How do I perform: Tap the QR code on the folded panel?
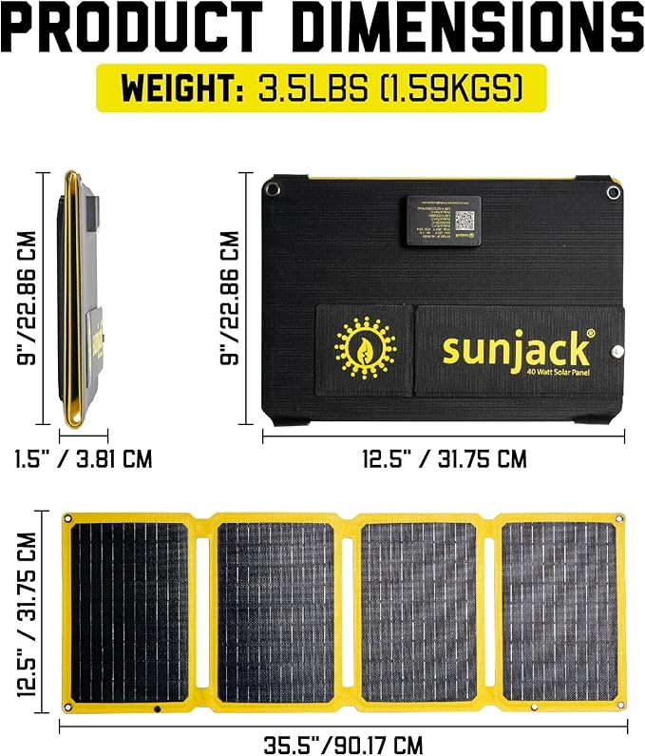(464, 221)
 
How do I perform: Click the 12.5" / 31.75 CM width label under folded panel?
(444, 459)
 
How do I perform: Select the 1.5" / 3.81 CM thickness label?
(84, 459)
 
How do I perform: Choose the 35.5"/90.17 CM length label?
(343, 743)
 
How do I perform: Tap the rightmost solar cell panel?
(558, 612)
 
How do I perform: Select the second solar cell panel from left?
(275, 612)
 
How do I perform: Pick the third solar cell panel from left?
(418, 612)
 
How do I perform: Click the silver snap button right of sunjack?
(616, 351)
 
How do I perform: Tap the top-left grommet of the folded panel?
(275, 190)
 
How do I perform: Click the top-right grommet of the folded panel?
(613, 192)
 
